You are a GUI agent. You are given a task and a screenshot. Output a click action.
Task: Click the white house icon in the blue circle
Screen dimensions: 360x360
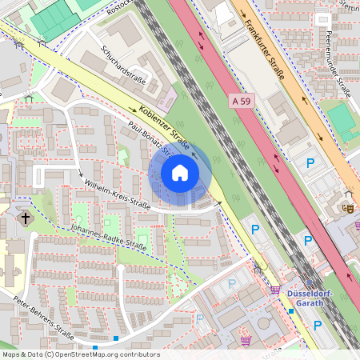tap(180, 173)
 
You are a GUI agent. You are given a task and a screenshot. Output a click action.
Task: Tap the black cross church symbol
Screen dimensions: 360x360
tap(25, 218)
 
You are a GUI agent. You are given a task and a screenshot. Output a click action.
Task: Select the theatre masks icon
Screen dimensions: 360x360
tap(348, 206)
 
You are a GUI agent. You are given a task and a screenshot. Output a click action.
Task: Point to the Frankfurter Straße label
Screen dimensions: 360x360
tap(266, 49)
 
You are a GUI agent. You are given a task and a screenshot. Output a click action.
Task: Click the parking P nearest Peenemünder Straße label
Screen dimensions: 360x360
tap(310, 163)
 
